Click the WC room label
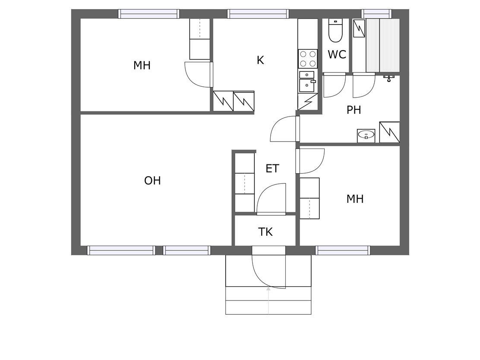337,54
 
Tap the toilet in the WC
335,30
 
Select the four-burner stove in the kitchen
308,59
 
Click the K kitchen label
260,60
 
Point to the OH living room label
152,180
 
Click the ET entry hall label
272,169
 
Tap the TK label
265,232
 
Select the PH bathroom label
354,110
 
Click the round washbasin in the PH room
366,135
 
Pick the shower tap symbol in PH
389,79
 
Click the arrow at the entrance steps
268,300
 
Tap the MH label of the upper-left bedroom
142,65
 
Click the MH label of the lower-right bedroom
355,199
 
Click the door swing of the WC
335,85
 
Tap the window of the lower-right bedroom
343,250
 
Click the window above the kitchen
258,14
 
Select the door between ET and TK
271,199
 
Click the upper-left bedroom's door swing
199,75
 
